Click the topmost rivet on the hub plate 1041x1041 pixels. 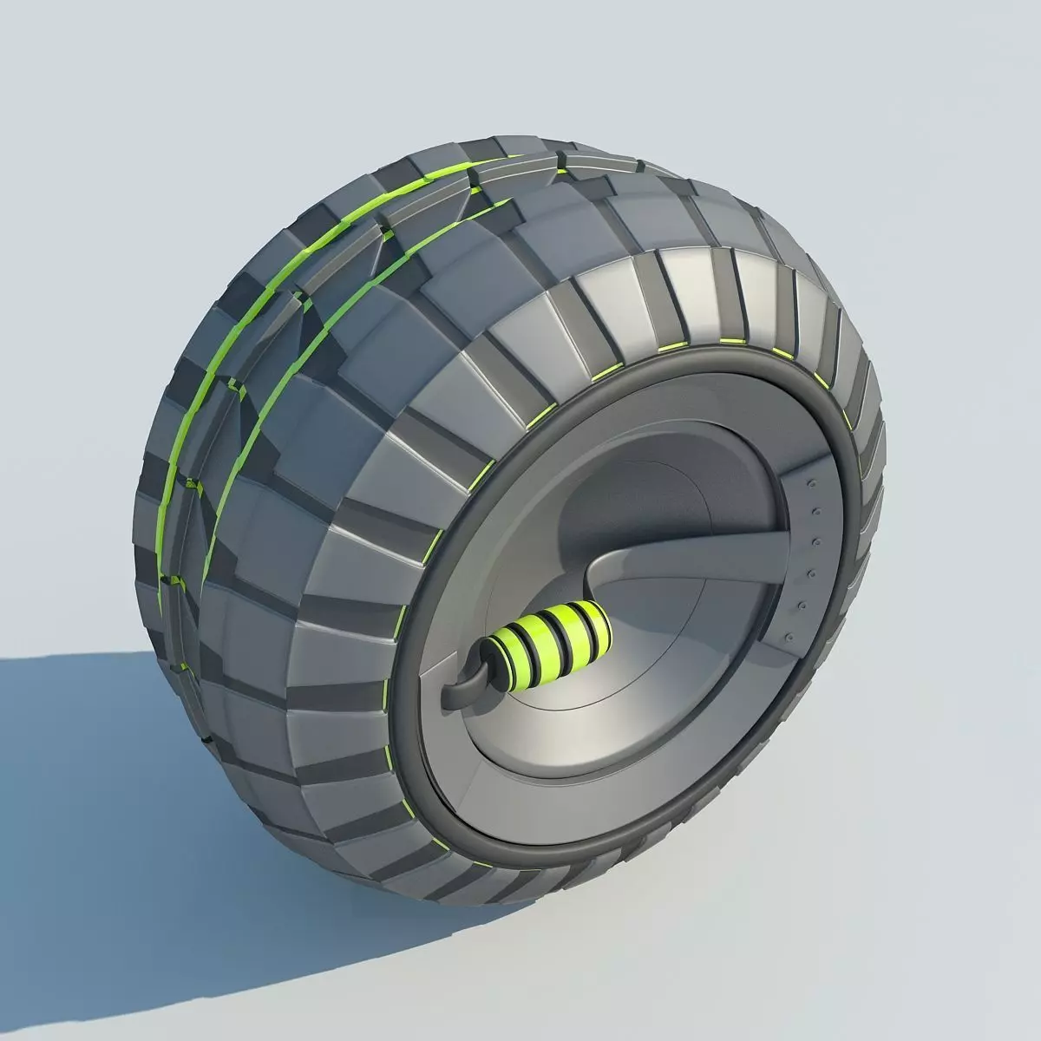pyautogui.click(x=813, y=481)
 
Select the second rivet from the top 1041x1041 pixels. pyautogui.click(x=815, y=511)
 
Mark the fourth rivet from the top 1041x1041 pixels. pyautogui.click(x=814, y=573)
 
